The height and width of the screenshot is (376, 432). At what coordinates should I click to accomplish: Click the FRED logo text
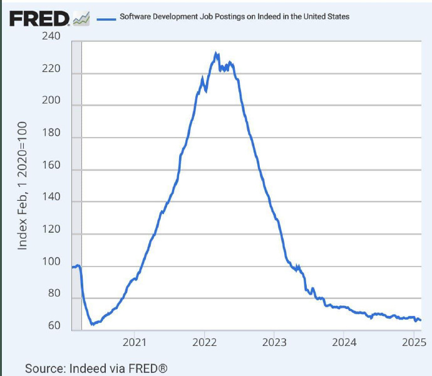39,19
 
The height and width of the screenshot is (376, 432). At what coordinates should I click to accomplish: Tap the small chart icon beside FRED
81,20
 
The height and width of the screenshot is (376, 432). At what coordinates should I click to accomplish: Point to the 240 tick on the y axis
52,37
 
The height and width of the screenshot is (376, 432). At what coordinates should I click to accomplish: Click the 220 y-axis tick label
52,69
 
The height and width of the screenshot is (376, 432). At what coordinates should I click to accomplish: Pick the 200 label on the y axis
52,101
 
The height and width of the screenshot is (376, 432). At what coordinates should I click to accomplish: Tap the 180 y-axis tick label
52,133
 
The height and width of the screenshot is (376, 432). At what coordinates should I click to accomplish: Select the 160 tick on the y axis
52,165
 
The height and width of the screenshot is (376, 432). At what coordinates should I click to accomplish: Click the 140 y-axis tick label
52,197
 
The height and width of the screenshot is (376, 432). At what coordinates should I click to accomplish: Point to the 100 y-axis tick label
52,262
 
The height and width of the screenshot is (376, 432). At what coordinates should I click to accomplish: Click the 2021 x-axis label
134,342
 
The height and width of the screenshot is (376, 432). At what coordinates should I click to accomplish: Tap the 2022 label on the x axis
204,342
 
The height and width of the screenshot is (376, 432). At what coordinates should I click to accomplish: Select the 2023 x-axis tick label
274,342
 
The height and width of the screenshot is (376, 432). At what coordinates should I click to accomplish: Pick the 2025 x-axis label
413,342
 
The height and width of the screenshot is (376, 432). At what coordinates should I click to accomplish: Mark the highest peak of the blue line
217,54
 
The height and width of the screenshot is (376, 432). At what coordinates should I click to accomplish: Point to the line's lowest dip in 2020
92,324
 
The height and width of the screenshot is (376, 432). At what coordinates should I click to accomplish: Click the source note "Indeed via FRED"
96,368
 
